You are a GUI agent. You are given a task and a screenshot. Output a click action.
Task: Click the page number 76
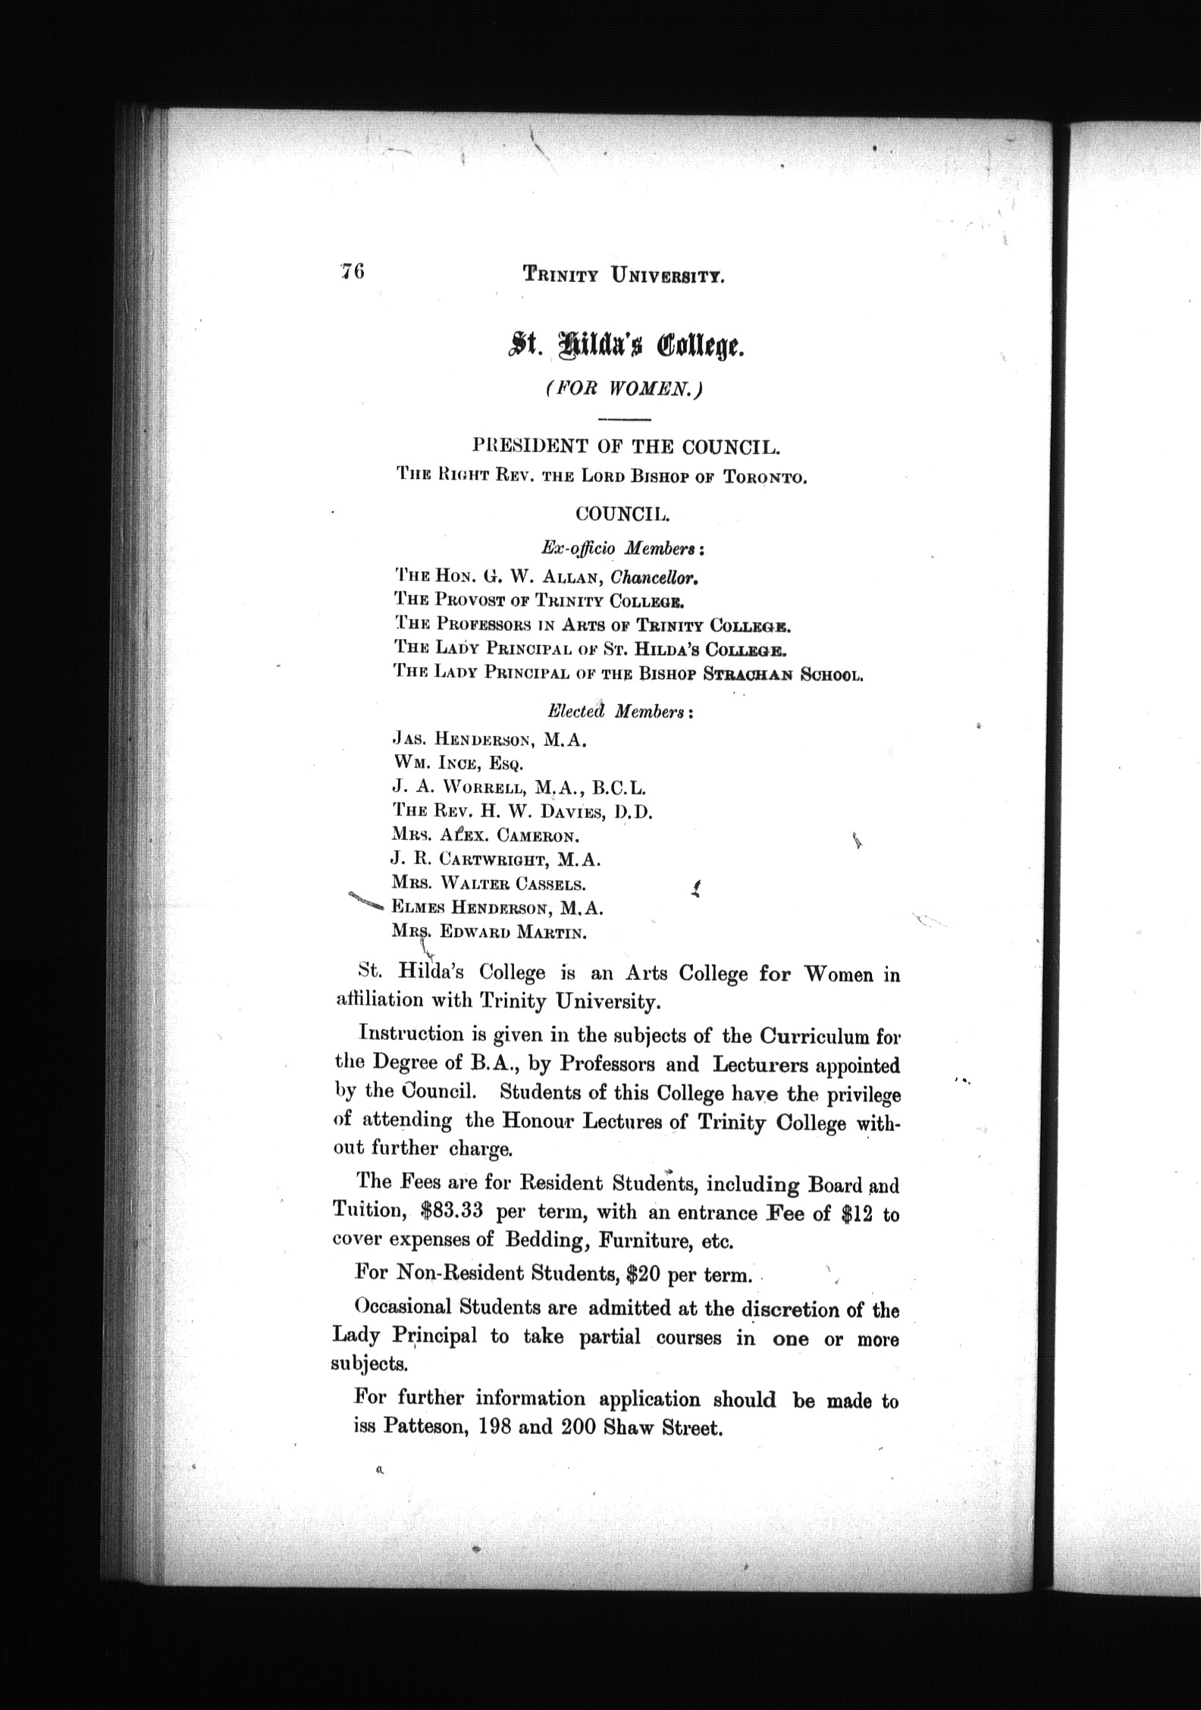tap(353, 271)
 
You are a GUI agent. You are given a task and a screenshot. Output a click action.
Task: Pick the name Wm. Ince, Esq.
tap(457, 763)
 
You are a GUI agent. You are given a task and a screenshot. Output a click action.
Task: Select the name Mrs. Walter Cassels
tap(488, 884)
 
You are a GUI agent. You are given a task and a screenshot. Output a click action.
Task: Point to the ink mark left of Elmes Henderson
tap(367, 900)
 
